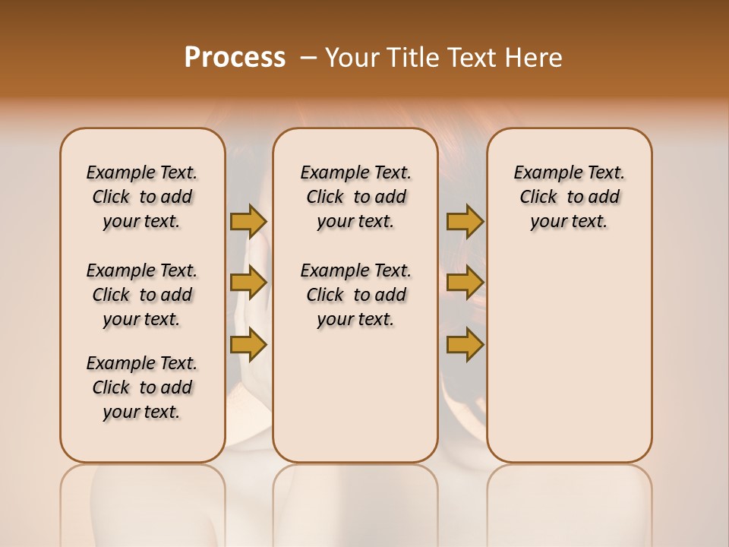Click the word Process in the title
235,58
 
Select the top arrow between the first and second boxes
248,221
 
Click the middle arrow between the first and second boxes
248,283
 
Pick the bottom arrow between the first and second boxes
248,344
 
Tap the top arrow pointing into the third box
465,221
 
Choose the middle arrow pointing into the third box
465,283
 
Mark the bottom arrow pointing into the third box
465,344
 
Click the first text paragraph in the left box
142,197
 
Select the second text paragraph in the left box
142,295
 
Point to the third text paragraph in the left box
142,387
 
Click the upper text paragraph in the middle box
355,197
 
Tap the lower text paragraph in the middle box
355,295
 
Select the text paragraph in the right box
569,197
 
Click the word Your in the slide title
350,58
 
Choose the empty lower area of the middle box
355,395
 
